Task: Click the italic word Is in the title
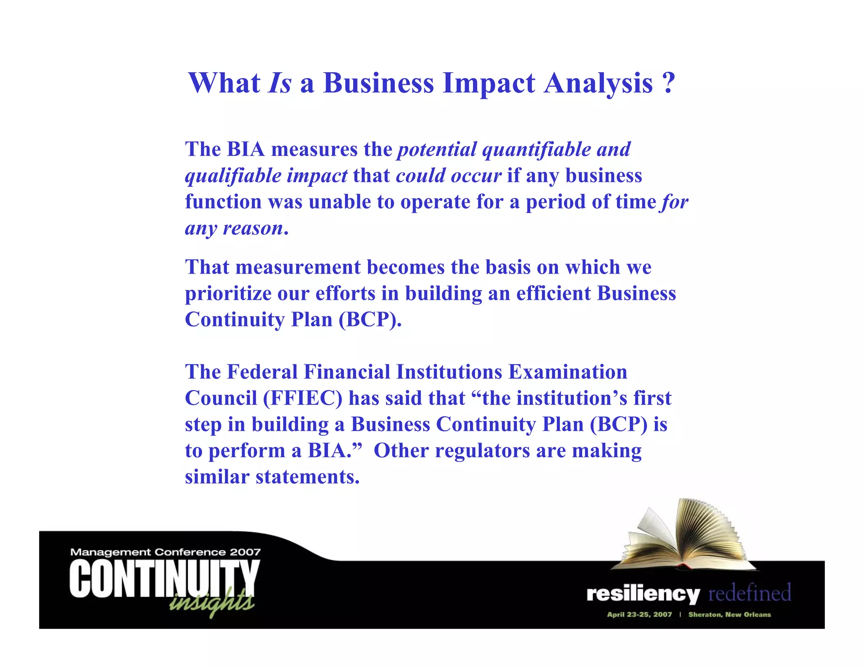(x=280, y=83)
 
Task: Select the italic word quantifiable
(x=537, y=150)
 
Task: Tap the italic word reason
(x=253, y=228)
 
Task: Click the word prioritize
(x=228, y=294)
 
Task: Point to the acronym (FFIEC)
(x=302, y=398)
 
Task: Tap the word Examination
(x=568, y=372)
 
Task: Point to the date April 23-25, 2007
(x=639, y=614)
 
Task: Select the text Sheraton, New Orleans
(x=729, y=614)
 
